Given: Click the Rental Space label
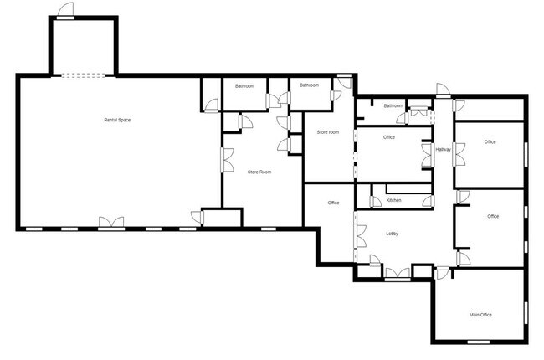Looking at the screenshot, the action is pos(117,120).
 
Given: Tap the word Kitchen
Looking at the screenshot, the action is pos(394,200).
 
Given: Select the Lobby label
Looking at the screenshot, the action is pos(392,234).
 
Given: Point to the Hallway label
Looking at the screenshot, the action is pos(444,150).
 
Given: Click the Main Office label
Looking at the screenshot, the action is pos(480,315).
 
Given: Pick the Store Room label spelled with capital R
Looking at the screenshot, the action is pos(259,172).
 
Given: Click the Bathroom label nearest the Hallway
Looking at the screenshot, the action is pos(393,105).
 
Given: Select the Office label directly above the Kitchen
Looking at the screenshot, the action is pos(389,137).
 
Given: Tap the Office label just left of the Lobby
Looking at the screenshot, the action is pos(333,203).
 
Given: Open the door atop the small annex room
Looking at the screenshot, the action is pos(65,10).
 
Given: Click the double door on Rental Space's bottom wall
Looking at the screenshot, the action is pos(111,224).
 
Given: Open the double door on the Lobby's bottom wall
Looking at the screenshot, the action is pos(398,274).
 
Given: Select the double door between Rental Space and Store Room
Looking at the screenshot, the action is pos(228,160).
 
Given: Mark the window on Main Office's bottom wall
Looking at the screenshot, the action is pos(479,342).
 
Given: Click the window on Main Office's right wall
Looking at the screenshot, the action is pos(526,313).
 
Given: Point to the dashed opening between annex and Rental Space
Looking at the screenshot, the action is pos(83,75).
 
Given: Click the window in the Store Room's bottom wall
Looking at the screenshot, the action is pos(268,229).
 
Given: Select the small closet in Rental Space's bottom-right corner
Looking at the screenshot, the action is pos(222,218).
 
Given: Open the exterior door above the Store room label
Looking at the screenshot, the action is pos(345,80).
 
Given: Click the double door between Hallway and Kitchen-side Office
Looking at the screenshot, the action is pos(428,155).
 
